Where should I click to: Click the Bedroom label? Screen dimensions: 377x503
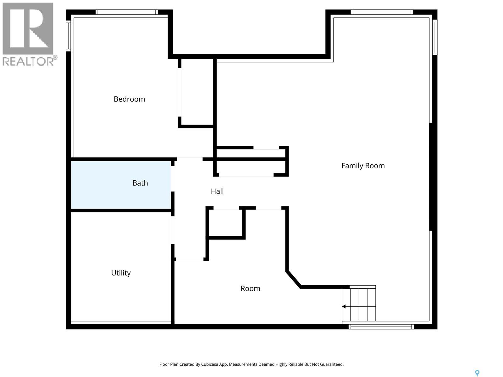click(129, 99)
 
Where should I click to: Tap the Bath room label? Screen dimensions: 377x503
click(140, 183)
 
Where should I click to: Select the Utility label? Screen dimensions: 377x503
click(121, 273)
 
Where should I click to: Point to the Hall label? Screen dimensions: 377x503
click(217, 191)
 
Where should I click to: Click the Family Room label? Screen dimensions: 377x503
click(363, 166)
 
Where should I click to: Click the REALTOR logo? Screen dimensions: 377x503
click(29, 34)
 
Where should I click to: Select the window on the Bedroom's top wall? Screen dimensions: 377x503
click(127, 12)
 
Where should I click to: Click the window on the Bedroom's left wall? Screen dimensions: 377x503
click(68, 36)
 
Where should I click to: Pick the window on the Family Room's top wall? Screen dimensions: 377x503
click(382, 12)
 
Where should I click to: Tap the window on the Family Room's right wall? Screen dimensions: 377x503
click(435, 37)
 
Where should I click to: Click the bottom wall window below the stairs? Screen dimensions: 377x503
click(381, 327)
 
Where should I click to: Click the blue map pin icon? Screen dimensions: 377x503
click(477, 373)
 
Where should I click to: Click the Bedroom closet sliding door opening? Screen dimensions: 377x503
click(180, 92)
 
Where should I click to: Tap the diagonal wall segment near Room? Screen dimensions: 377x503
click(293, 279)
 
